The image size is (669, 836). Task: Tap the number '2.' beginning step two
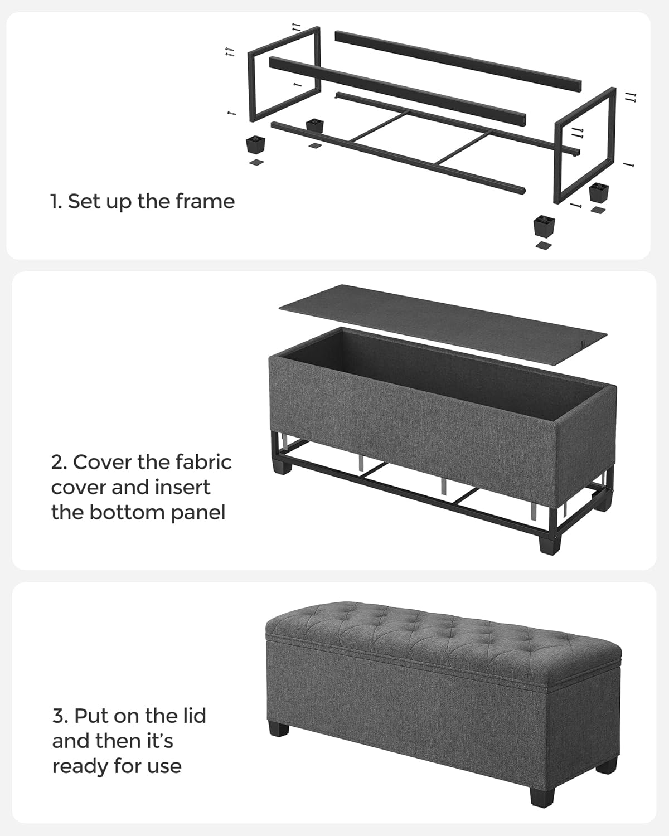[x=60, y=462]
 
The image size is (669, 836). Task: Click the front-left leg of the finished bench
[x=279, y=729]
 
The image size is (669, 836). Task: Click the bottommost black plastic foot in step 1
[x=544, y=226]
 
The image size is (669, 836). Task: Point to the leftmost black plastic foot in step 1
[x=255, y=145]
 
